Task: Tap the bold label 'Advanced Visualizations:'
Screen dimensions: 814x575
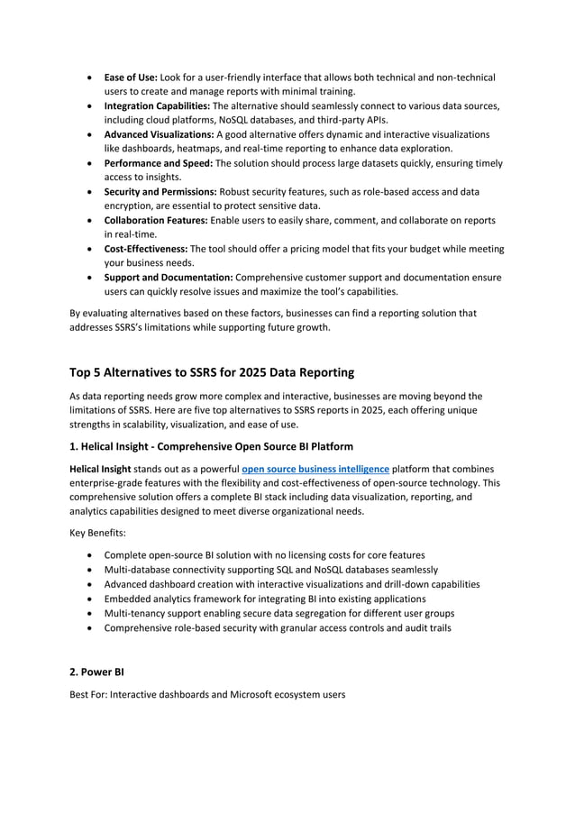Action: tap(160, 134)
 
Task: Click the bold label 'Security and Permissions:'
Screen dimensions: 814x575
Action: tap(160, 192)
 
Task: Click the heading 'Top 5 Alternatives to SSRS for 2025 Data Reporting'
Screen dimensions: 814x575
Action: tap(212, 372)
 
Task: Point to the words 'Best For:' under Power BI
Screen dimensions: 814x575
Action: tap(88, 696)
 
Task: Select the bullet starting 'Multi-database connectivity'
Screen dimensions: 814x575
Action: tap(271, 570)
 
